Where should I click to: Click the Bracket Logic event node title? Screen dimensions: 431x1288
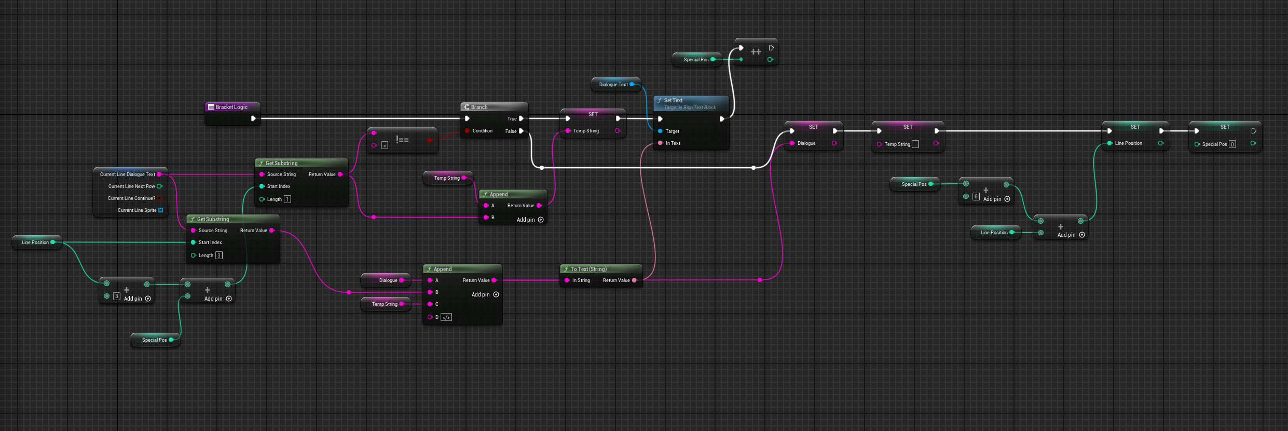[231, 107]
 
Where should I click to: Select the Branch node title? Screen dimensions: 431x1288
[479, 107]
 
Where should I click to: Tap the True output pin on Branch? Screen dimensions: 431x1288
[521, 118]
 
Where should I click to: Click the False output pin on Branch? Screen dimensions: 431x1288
[521, 131]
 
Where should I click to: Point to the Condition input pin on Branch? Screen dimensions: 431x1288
[468, 131]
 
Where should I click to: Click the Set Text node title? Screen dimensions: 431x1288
[673, 100]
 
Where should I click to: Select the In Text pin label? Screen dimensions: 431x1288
[673, 143]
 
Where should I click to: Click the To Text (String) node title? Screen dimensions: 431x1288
[588, 269]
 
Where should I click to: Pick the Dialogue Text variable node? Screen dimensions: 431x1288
[613, 85]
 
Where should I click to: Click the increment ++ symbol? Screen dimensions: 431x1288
[756, 52]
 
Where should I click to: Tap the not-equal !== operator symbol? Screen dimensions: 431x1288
[402, 140]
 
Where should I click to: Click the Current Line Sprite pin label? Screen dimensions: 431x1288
[137, 210]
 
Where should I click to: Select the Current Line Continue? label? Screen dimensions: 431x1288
[131, 198]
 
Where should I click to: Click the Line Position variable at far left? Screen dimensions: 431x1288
[35, 243]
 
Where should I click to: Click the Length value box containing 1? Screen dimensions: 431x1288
[287, 199]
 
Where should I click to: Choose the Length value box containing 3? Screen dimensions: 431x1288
[219, 255]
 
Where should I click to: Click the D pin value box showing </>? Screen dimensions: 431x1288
[446, 317]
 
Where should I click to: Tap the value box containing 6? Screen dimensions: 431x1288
[976, 197]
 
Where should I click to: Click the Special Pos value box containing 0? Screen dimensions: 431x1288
[1232, 144]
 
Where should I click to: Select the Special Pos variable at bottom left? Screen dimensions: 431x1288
[154, 340]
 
